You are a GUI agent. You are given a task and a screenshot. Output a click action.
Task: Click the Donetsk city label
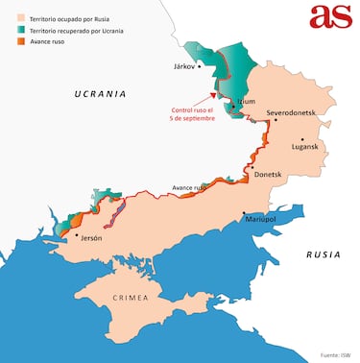tap(268, 174)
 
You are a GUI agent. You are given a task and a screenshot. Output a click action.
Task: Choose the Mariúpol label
tap(261, 220)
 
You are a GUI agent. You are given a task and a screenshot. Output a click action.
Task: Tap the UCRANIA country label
tap(101, 94)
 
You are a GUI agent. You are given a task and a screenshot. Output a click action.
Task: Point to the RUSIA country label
tap(324, 254)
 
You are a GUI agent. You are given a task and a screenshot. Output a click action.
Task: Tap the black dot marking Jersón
tap(76, 233)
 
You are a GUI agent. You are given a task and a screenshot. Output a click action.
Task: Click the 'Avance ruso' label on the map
tap(188, 187)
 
